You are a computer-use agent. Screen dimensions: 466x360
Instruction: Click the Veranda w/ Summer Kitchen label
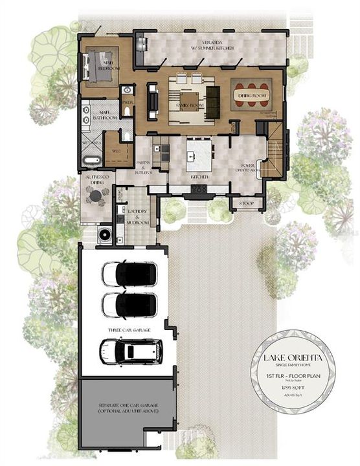213,45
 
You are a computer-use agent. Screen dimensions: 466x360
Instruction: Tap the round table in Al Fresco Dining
97,198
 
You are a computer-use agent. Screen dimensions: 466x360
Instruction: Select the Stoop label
247,204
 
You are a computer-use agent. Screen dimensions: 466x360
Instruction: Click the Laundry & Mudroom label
136,218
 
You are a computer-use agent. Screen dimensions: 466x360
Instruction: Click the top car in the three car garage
128,274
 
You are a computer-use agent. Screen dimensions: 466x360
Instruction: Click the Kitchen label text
199,176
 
